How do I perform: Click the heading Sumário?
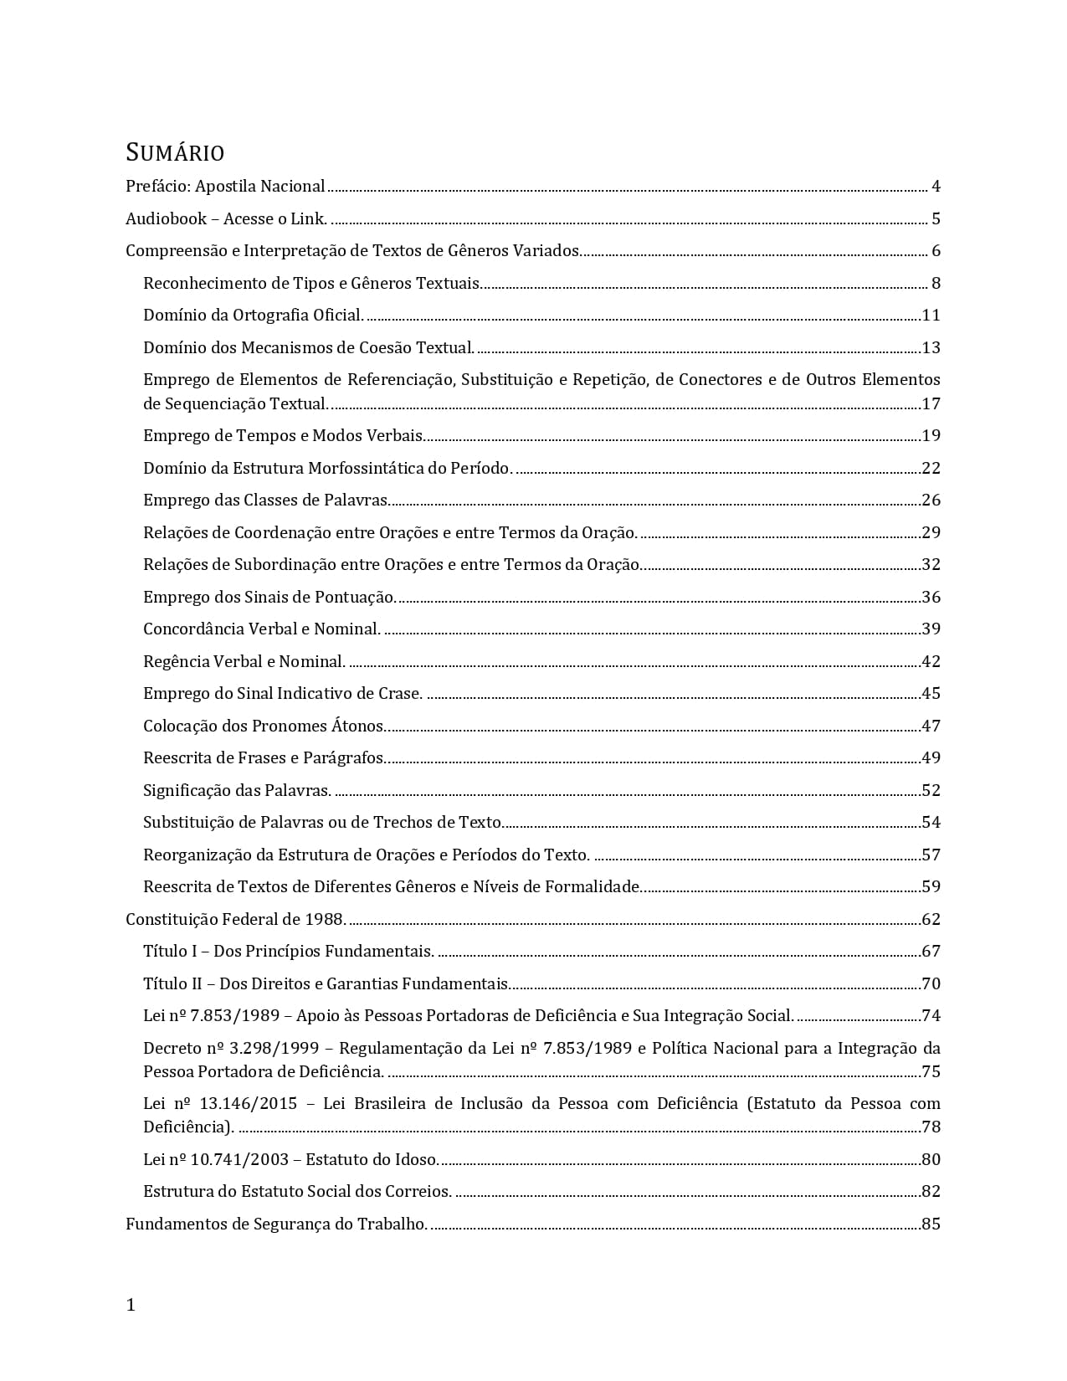coord(175,153)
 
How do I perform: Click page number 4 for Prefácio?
coord(936,187)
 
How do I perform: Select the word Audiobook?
coord(166,219)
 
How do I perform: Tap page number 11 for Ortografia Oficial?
coord(931,316)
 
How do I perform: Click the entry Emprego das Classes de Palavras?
coord(265,501)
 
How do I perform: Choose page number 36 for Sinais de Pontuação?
coord(931,597)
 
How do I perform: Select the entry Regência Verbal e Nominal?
coord(244,661)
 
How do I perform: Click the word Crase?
coord(400,693)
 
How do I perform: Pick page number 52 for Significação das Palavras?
coord(931,790)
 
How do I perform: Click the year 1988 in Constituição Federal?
coord(325,919)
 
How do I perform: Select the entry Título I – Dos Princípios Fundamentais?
coord(288,951)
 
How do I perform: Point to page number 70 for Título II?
coord(931,983)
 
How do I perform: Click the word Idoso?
coord(417,1159)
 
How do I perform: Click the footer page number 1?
coord(131,1305)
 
